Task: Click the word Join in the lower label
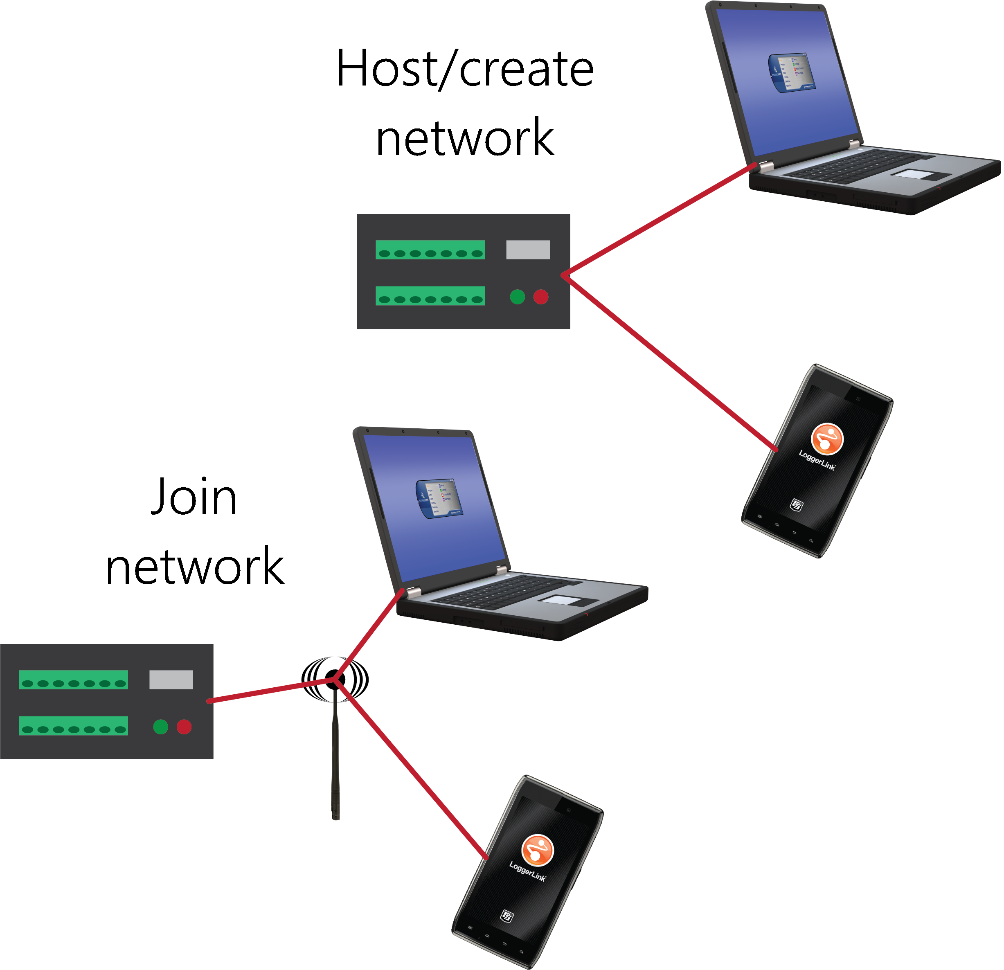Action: pyautogui.click(x=194, y=496)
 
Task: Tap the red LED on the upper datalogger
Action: pyautogui.click(x=541, y=297)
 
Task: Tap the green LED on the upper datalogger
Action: pyautogui.click(x=518, y=297)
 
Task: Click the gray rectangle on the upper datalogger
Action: pyautogui.click(x=528, y=250)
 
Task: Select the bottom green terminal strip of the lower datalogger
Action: pyautogui.click(x=73, y=726)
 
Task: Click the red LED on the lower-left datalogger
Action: pyautogui.click(x=184, y=727)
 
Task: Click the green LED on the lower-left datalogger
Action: pyautogui.click(x=160, y=727)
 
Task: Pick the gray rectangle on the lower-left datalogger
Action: pyautogui.click(x=171, y=680)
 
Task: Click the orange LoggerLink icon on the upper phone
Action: pyautogui.click(x=827, y=439)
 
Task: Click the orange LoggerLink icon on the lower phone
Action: pyautogui.click(x=537, y=850)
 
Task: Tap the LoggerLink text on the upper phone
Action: pyautogui.click(x=817, y=459)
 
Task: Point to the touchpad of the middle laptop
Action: pyautogui.click(x=563, y=600)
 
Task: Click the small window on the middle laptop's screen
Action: pyautogui.click(x=439, y=498)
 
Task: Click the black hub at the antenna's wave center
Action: pyautogui.click(x=335, y=679)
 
